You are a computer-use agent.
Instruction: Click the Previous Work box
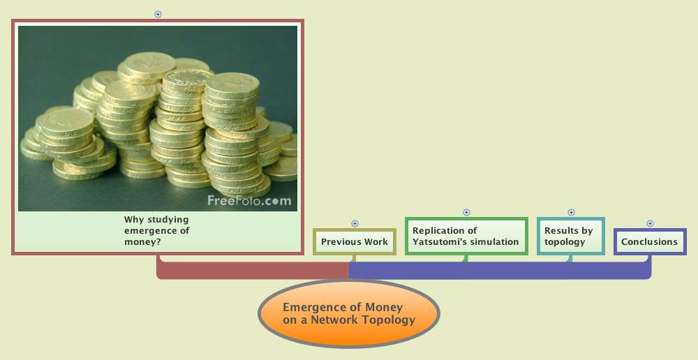[355, 241]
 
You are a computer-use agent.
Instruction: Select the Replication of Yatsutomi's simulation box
[466, 236]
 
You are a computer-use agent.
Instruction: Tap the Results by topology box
[570, 236]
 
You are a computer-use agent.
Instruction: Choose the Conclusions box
[650, 241]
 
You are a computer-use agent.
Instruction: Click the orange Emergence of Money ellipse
[349, 314]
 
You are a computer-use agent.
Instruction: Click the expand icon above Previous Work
[355, 223]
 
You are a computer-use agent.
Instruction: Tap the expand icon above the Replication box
[466, 212]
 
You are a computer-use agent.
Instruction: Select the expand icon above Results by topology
[571, 212]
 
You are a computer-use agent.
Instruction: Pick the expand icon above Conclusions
[650, 223]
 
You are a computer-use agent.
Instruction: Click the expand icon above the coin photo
[158, 14]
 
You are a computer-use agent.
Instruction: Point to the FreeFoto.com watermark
[248, 201]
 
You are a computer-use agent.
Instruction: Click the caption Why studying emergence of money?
[157, 231]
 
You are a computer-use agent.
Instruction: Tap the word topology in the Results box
[565, 242]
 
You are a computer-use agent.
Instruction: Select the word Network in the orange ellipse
[335, 320]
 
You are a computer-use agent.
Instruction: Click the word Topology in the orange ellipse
[388, 320]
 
